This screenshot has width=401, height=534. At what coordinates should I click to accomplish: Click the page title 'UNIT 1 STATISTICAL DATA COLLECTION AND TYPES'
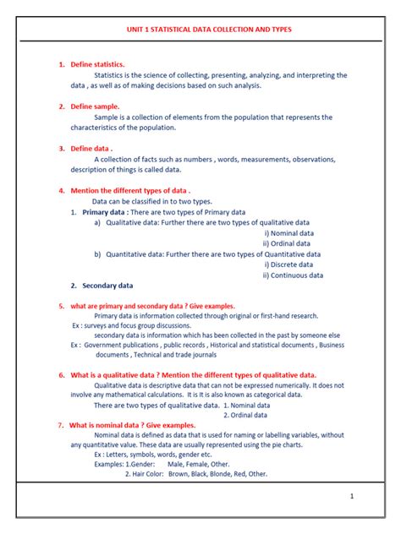[200, 28]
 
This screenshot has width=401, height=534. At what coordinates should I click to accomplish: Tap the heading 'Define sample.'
[95, 106]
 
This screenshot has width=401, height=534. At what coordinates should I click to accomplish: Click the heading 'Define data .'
[91, 148]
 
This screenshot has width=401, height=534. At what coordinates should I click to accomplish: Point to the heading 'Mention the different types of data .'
[130, 191]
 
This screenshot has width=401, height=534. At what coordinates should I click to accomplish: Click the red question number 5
[61, 306]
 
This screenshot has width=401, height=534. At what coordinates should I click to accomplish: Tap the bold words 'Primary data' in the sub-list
[104, 212]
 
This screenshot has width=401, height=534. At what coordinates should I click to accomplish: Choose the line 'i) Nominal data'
[288, 233]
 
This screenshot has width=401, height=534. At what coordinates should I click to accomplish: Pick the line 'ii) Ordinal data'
[288, 243]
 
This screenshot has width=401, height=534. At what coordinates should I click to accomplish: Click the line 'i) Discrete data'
[289, 264]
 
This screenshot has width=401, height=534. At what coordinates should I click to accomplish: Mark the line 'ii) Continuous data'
[293, 275]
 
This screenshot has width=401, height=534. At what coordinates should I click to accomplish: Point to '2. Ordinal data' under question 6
[247, 415]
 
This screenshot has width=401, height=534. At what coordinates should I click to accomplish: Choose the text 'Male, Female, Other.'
[198, 464]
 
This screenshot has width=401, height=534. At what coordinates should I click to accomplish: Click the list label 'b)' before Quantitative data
[97, 253]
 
